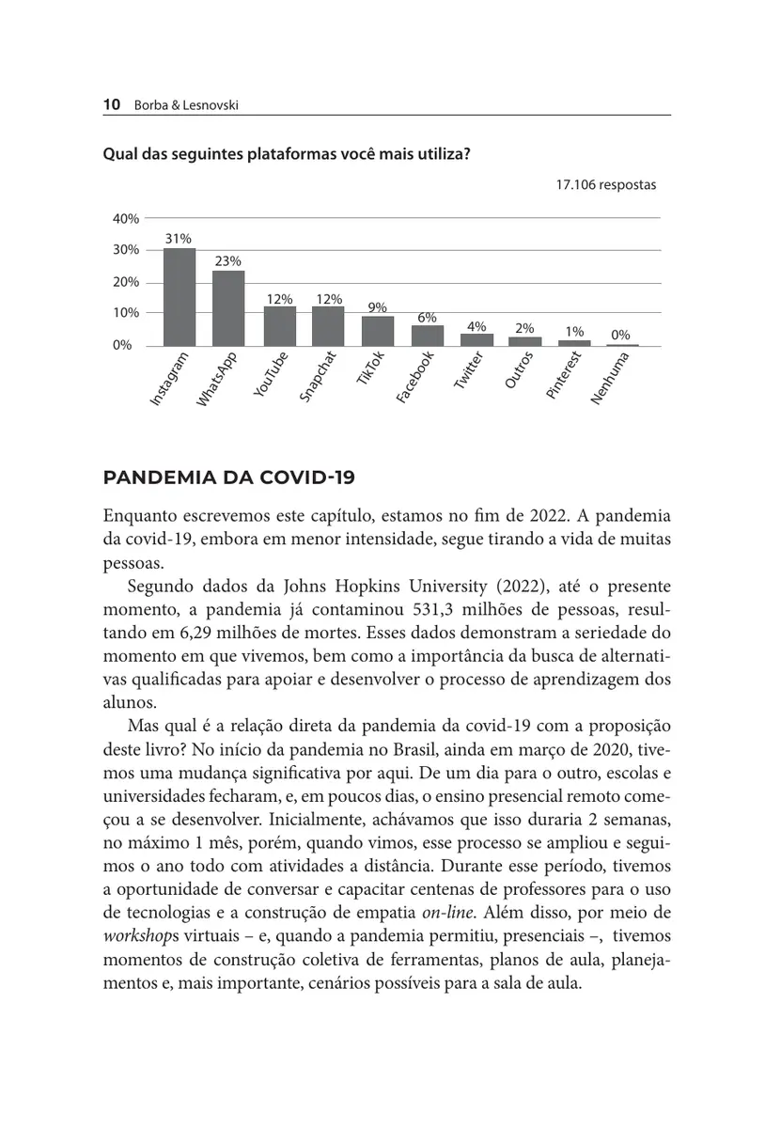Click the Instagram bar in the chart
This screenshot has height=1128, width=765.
tap(179, 297)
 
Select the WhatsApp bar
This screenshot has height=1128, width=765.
tap(228, 308)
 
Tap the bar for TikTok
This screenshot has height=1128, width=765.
tap(377, 331)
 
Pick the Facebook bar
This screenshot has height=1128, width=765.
tap(427, 336)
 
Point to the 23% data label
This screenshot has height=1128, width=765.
tap(227, 261)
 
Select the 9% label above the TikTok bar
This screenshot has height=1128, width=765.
tap(377, 306)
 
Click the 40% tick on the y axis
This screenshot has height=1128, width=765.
tap(126, 218)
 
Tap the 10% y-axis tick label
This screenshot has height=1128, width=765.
tap(126, 312)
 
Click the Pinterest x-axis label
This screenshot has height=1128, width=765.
tap(566, 377)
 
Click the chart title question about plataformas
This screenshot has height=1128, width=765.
tap(287, 154)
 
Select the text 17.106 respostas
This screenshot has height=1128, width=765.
tap(605, 185)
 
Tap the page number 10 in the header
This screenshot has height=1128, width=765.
tap(111, 105)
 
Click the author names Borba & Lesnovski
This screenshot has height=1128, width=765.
tap(185, 105)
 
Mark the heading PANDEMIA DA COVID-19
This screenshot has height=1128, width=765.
tap(228, 478)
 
